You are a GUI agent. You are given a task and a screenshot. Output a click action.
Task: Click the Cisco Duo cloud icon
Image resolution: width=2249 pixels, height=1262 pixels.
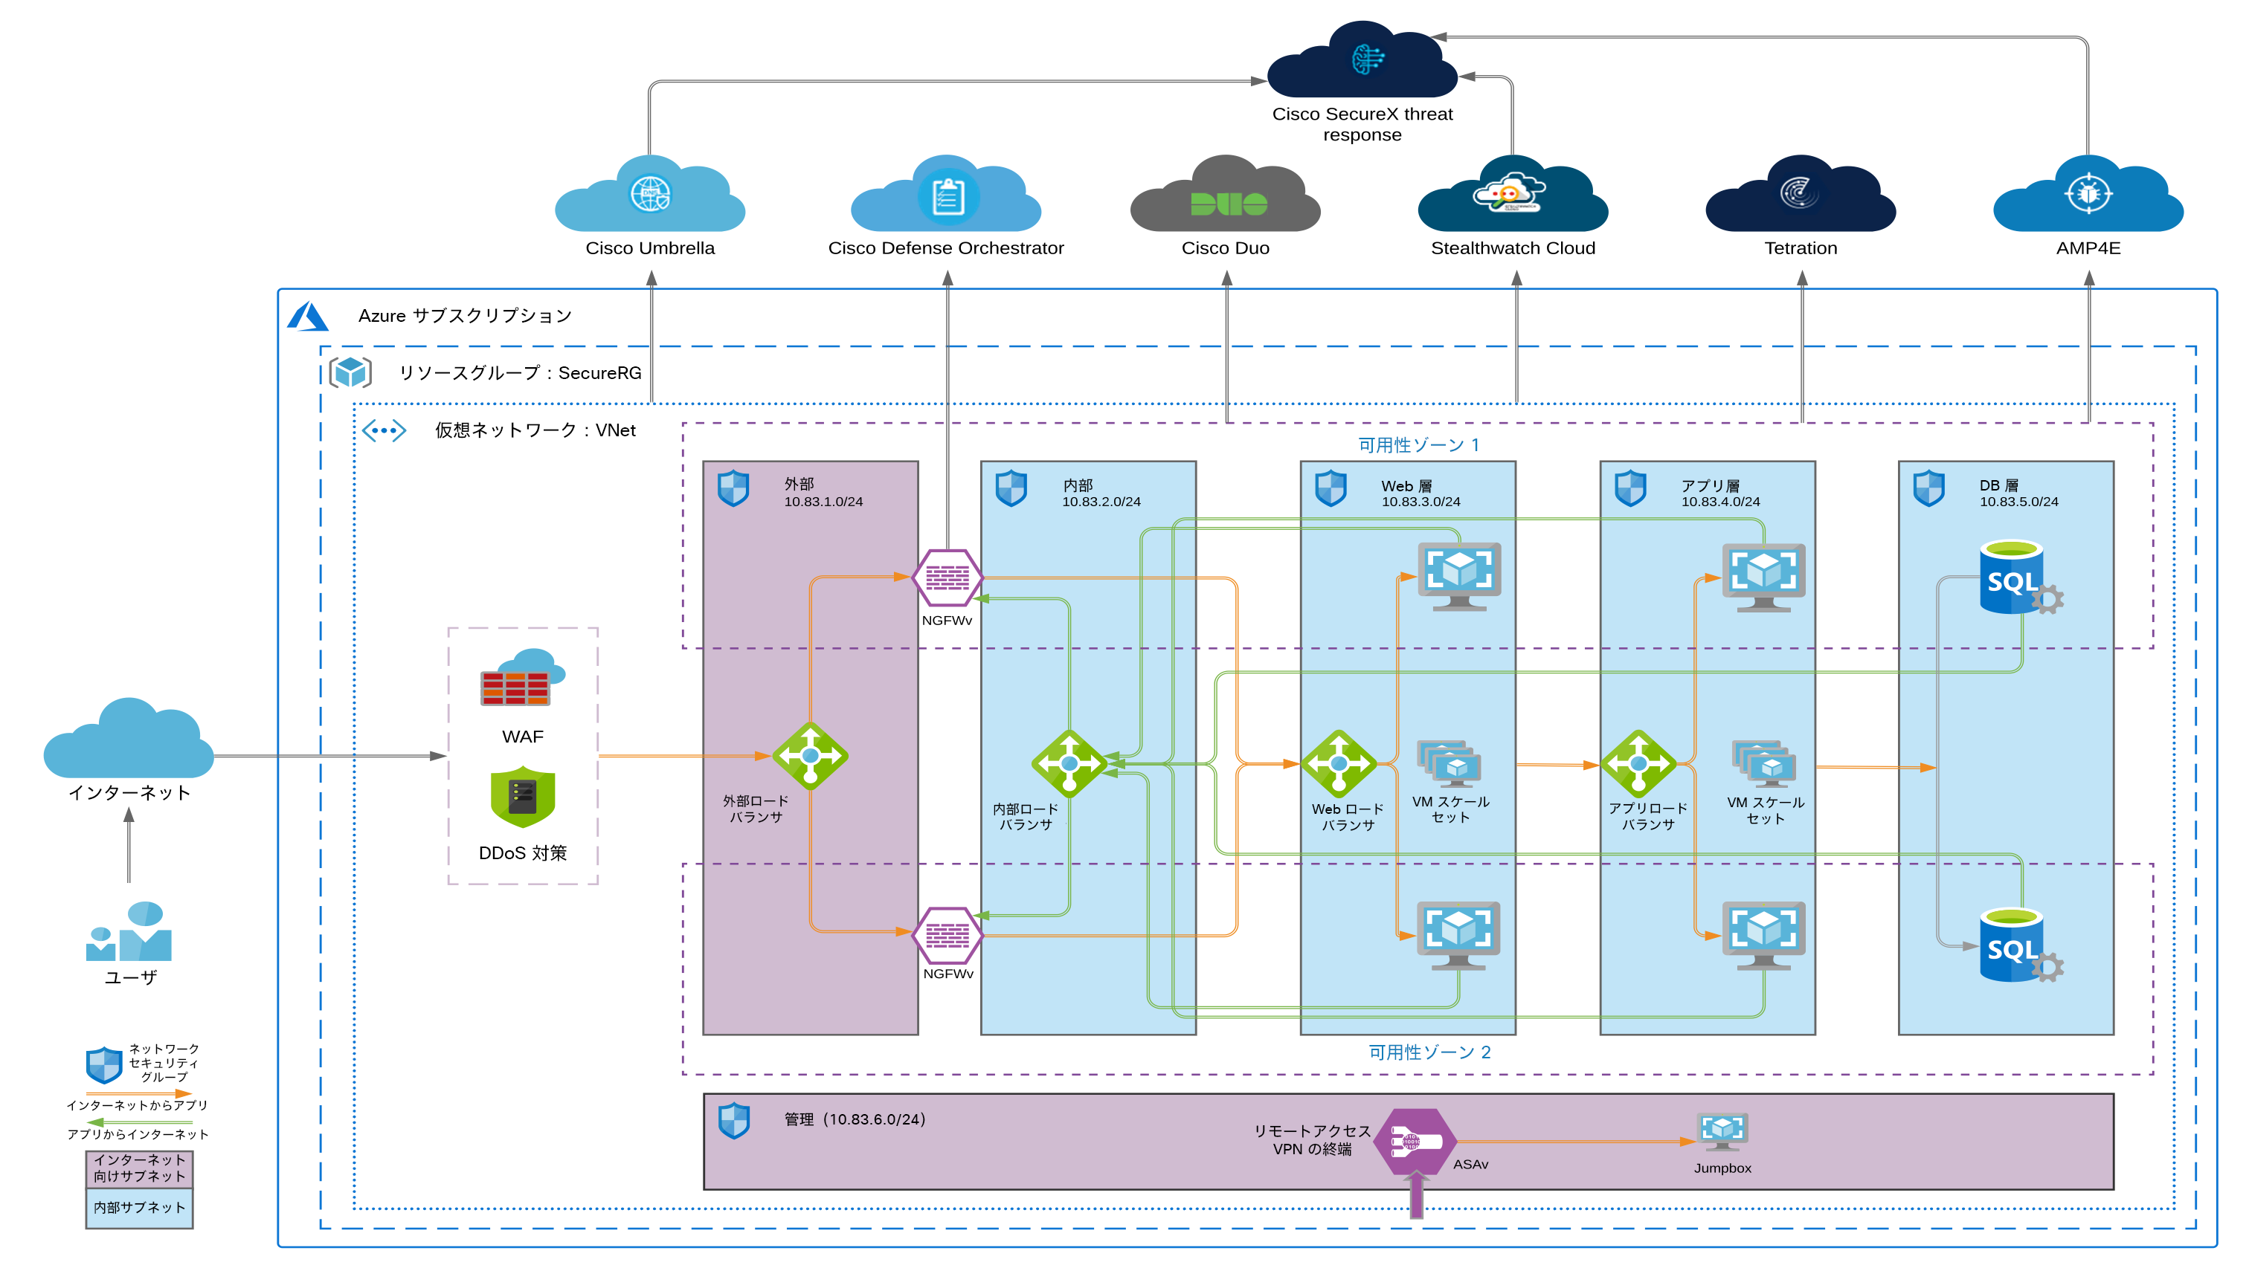click(x=1225, y=196)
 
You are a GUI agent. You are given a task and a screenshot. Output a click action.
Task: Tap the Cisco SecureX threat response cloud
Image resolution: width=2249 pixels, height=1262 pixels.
click(x=1362, y=61)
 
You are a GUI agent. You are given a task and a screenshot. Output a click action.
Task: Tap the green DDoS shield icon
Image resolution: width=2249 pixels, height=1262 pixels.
click(x=522, y=797)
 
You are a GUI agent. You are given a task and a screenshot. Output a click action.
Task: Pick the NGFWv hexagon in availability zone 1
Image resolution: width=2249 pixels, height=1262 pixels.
click(x=947, y=577)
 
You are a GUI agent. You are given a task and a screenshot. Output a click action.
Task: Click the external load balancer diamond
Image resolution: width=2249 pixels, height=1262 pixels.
click(x=810, y=756)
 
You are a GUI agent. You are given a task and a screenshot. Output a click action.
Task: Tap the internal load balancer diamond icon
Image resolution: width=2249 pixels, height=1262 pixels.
click(x=1069, y=763)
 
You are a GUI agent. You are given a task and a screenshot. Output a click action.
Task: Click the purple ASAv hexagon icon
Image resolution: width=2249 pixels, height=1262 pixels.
click(x=1415, y=1142)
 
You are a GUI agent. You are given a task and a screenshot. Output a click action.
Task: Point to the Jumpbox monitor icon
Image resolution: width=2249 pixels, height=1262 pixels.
click(x=1722, y=1132)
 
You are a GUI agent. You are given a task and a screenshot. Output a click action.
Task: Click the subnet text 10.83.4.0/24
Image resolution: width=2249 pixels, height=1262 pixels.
click(x=1720, y=502)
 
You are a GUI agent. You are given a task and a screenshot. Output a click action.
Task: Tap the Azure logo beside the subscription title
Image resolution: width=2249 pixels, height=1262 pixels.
click(x=307, y=316)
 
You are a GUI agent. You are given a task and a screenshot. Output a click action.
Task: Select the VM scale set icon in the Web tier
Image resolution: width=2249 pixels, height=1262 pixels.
click(x=1449, y=765)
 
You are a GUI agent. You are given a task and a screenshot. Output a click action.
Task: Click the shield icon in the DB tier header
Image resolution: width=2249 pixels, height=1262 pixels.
click(x=1928, y=488)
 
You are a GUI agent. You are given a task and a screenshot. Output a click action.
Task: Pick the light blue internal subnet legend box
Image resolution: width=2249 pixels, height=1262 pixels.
click(x=139, y=1208)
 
